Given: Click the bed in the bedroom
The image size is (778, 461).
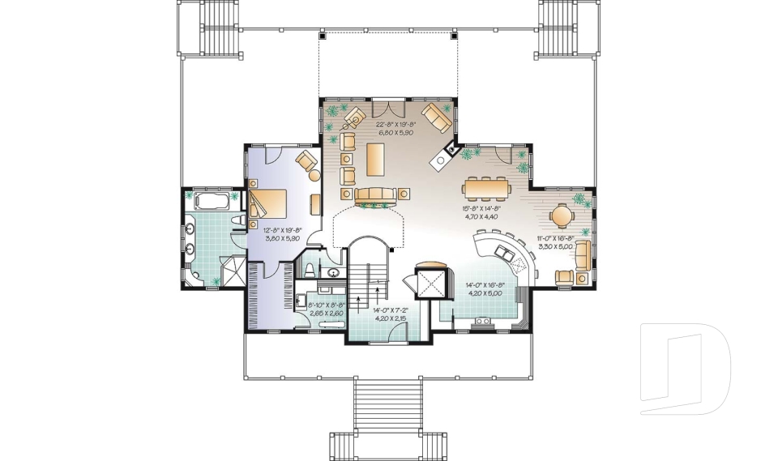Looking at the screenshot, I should point(271,203).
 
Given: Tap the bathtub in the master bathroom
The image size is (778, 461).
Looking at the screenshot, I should point(210,200).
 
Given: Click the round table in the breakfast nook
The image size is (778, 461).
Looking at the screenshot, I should point(562,216).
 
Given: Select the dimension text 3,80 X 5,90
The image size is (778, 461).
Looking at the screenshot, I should point(282,239).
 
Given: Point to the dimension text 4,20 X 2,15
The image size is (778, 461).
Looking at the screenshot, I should point(389,318).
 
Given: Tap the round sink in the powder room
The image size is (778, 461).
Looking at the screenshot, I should point(334,273).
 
